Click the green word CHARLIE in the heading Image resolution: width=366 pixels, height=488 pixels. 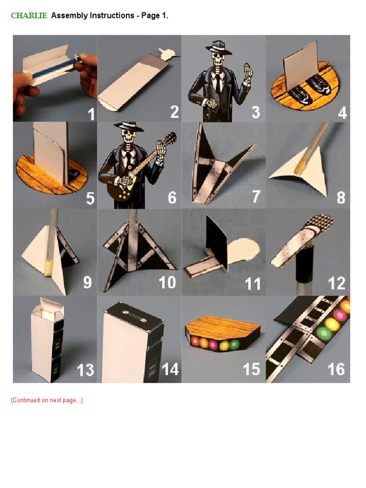point(29,16)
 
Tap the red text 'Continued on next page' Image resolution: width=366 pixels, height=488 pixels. point(47,400)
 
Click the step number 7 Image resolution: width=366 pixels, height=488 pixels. point(256,196)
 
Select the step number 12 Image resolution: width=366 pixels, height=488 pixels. point(336,283)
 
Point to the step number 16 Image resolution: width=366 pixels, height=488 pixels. point(336,369)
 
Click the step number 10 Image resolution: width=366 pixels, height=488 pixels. point(167,283)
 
